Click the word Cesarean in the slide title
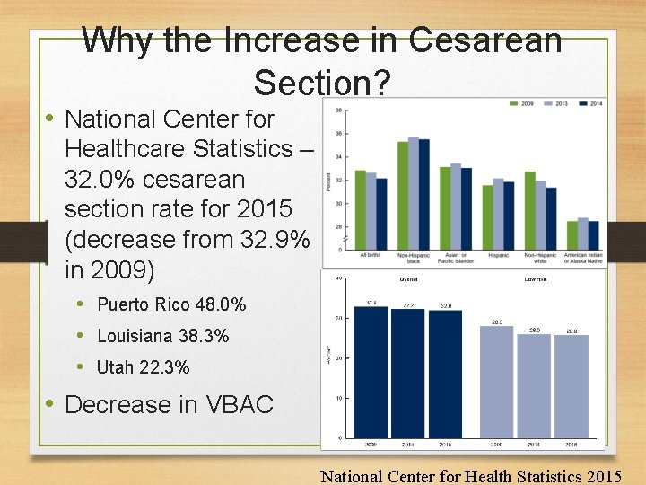tap(485, 40)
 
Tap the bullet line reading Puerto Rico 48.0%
tap(171, 304)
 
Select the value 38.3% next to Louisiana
tap(203, 336)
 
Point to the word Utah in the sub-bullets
tap(115, 367)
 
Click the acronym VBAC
tap(238, 404)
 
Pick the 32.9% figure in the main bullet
tap(269, 240)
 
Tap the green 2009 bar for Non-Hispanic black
tap(403, 195)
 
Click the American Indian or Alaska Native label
tap(582, 258)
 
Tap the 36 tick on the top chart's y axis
tap(337, 133)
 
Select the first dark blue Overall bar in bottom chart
tap(371, 372)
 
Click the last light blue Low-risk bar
tap(572, 386)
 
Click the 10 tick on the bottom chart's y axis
tap(337, 398)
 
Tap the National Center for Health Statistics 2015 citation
tap(471, 475)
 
